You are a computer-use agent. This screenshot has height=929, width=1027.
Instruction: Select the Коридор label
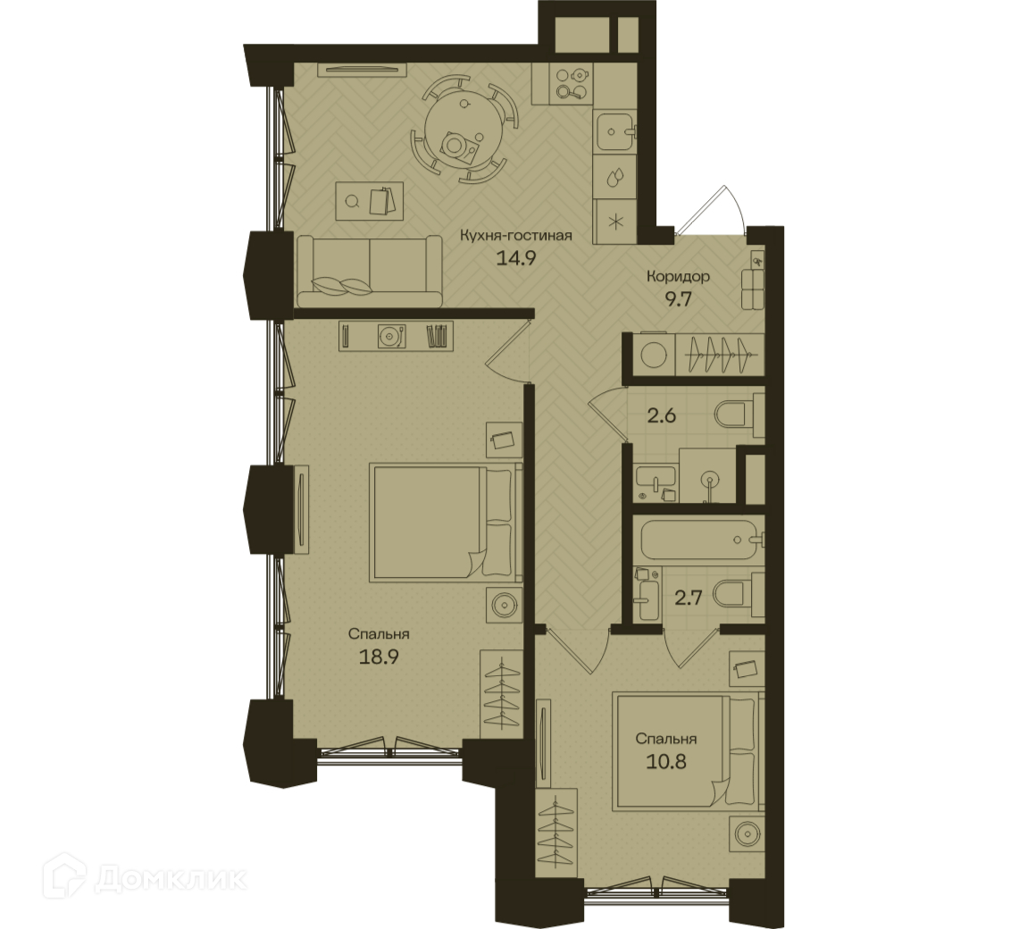click(x=678, y=277)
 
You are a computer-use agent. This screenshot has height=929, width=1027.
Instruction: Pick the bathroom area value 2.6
click(x=661, y=415)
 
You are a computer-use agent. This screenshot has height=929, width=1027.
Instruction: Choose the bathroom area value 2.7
click(x=689, y=598)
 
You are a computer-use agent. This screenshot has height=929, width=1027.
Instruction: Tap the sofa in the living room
click(x=370, y=272)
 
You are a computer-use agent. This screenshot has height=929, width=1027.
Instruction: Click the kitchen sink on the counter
click(x=614, y=131)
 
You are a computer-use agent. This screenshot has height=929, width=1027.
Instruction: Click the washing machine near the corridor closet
click(x=653, y=356)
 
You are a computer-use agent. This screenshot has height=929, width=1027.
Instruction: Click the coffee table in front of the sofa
click(x=370, y=201)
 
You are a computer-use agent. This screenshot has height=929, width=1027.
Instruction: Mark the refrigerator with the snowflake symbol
click(x=615, y=220)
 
